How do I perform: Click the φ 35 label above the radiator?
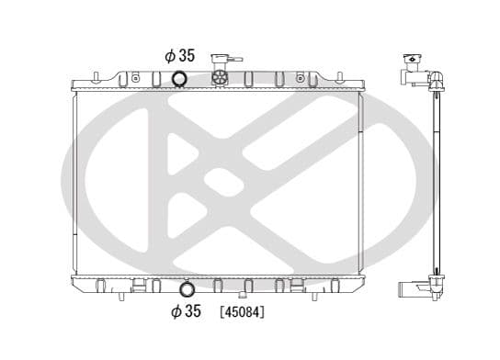click(x=180, y=56)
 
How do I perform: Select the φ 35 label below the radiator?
click(x=187, y=311)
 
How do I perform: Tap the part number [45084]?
click(x=243, y=312)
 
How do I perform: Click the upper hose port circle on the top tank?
click(x=179, y=79)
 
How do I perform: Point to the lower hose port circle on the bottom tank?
click(x=187, y=289)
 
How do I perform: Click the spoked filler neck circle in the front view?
click(x=220, y=77)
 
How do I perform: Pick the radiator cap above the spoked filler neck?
click(x=220, y=59)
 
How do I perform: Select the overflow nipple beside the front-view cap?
click(x=235, y=59)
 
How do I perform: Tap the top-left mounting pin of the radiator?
click(x=97, y=77)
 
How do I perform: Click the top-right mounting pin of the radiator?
click(x=340, y=77)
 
